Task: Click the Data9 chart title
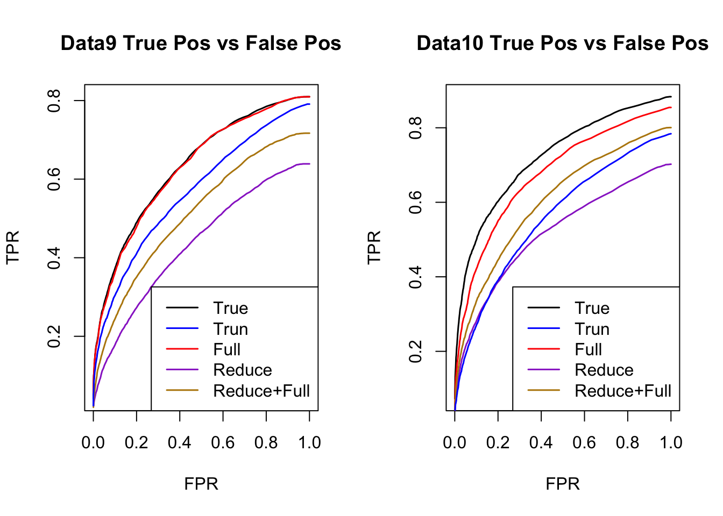tap(201, 44)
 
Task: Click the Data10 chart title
tap(562, 44)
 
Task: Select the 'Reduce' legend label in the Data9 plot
tap(242, 370)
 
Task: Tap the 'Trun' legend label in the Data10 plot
tap(592, 329)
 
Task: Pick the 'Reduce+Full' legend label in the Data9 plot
tap(261, 391)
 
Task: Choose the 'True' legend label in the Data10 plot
tap(592, 309)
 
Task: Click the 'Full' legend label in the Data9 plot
tap(226, 350)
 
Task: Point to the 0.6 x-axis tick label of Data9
tap(223, 443)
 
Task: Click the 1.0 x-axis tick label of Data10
tap(671, 443)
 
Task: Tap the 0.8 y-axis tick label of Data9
tap(54, 101)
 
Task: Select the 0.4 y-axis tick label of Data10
tap(416, 277)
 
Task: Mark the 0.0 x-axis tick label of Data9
tap(93, 443)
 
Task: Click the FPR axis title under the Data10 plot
tap(563, 484)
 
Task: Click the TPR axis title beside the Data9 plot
tap(13, 247)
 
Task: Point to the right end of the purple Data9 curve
tap(309, 164)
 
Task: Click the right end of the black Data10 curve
tap(671, 97)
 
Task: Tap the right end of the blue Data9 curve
tap(309, 104)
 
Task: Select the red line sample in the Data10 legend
tap(544, 349)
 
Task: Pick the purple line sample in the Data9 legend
tap(182, 370)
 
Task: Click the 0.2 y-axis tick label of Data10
tap(416, 352)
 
